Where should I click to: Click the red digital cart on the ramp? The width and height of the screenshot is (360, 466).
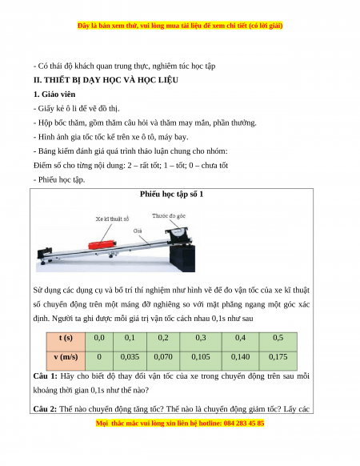point(102,244)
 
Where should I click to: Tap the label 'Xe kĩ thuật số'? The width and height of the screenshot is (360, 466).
point(112,219)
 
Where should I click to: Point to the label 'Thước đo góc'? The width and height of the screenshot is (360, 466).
point(169,215)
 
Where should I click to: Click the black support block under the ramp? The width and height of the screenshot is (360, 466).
point(182,258)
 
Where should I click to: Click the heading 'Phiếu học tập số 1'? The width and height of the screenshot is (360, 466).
point(172,195)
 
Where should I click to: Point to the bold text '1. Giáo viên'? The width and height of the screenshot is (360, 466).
point(54,94)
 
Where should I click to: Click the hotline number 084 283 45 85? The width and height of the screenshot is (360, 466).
point(243,423)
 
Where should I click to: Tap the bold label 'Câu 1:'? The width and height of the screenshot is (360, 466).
point(45,376)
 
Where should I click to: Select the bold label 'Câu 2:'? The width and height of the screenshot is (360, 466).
point(45,409)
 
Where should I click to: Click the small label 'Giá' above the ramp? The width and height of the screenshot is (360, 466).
point(138,231)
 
